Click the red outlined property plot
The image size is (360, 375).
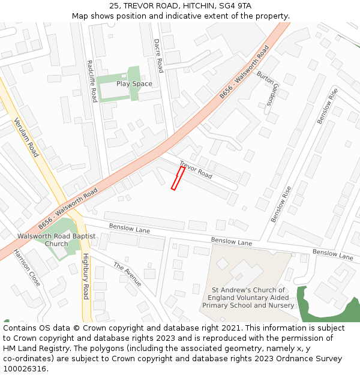178,179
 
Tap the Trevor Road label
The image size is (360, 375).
196,170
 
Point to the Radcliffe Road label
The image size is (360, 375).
92,81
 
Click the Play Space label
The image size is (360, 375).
134,84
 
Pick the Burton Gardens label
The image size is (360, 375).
267,89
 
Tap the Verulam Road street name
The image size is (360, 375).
26,137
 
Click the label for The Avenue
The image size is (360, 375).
127,274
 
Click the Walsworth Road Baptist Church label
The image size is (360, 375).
56,240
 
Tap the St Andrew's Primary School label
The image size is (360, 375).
248,298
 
